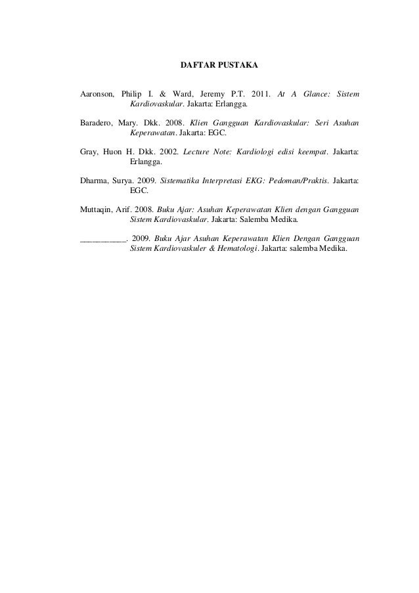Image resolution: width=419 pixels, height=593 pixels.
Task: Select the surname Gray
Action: [x=89, y=150]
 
